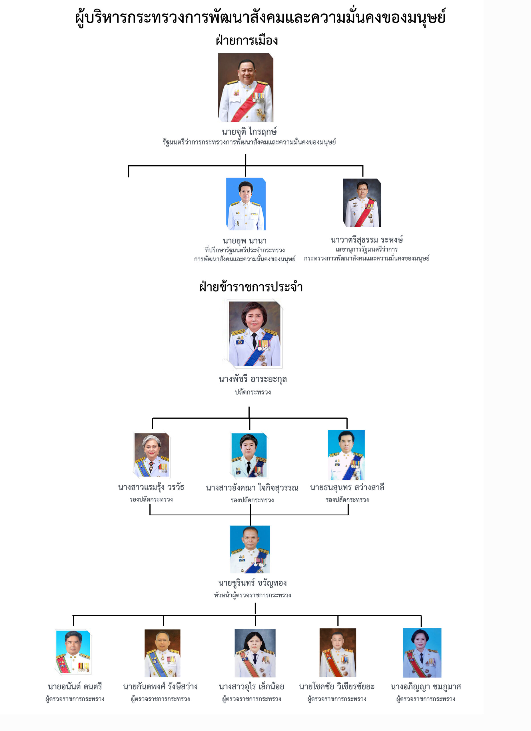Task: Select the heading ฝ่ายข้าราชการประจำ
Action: (x=251, y=286)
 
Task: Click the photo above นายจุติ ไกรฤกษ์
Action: (x=246, y=87)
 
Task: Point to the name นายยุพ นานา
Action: (x=245, y=241)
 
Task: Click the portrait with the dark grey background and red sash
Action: (x=362, y=203)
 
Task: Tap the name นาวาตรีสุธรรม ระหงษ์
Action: (x=366, y=240)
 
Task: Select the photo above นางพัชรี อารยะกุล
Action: (x=255, y=334)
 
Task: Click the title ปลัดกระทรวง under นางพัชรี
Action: (x=253, y=392)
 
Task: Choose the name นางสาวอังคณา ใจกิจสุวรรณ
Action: (x=252, y=488)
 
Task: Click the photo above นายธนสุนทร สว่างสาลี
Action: (x=346, y=455)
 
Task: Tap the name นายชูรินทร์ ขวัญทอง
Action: (x=253, y=583)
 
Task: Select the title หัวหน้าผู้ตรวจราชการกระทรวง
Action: (x=253, y=595)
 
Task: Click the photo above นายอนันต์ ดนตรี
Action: (x=73, y=652)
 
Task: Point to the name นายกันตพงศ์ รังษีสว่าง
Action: (x=160, y=687)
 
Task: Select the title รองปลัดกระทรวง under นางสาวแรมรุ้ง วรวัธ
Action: (x=151, y=499)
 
